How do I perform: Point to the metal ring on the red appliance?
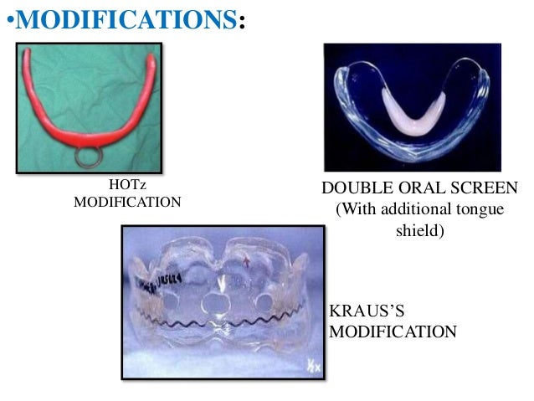click(x=89, y=156)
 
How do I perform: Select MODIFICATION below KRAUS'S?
click(x=393, y=332)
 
